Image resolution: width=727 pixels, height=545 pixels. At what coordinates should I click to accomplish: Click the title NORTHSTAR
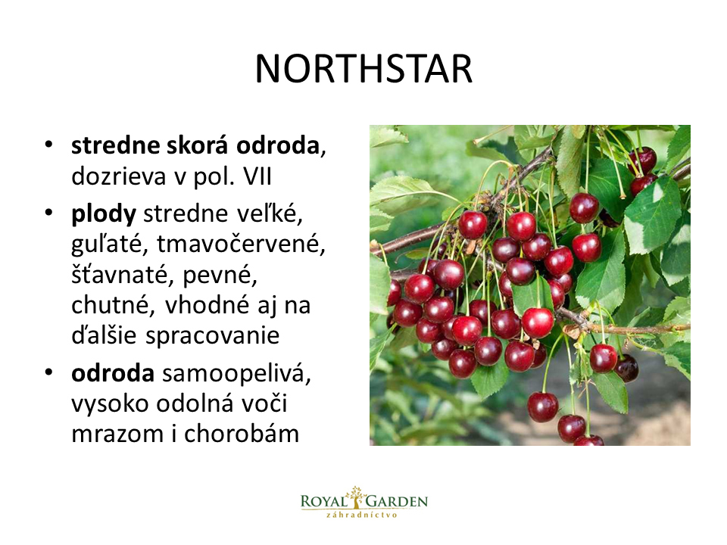[363, 69]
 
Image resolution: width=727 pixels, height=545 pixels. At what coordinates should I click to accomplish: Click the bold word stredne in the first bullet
[115, 145]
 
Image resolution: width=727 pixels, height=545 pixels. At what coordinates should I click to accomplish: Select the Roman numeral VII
[257, 176]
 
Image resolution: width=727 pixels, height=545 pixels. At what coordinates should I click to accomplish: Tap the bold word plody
[104, 214]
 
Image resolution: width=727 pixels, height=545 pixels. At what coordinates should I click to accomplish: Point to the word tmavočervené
[241, 244]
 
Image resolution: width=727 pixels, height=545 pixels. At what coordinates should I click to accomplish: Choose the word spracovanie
[212, 336]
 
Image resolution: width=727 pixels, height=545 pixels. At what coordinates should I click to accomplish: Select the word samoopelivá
[236, 373]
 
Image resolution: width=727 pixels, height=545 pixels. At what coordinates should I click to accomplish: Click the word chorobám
[242, 434]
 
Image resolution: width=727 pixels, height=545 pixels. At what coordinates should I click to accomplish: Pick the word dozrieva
[118, 176]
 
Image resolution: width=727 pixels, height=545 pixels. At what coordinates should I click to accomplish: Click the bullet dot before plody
[48, 213]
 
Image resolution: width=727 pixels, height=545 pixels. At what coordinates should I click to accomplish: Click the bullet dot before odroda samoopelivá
[48, 372]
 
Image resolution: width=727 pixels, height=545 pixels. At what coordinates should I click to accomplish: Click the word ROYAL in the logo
[323, 501]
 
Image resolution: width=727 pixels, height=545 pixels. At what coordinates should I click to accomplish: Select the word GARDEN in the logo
[396, 501]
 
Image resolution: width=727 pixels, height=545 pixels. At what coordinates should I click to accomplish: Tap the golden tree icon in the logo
[356, 497]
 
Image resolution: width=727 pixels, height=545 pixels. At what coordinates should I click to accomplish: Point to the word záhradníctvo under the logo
[362, 515]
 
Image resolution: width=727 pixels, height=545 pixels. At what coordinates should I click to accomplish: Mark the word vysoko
[110, 404]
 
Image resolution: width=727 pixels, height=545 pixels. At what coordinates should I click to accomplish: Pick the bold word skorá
[198, 145]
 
